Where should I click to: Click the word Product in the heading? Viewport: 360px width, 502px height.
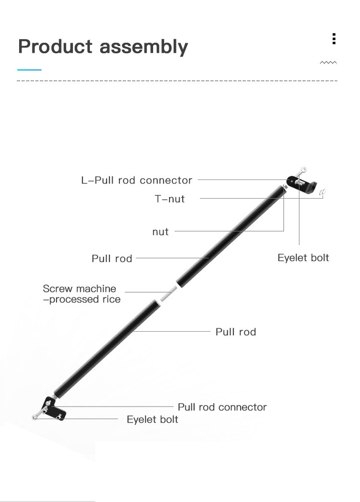click(55, 47)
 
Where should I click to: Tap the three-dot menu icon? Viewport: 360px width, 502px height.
click(334, 39)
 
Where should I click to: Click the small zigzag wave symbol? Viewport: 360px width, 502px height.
click(328, 62)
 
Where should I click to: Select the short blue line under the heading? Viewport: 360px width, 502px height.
click(29, 70)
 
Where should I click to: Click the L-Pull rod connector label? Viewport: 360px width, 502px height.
click(137, 180)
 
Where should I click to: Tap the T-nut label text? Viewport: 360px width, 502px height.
click(169, 199)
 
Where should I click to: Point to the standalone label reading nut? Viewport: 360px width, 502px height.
click(160, 232)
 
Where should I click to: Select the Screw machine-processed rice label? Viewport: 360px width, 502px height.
click(81, 294)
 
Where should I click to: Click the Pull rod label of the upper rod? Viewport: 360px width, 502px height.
click(112, 259)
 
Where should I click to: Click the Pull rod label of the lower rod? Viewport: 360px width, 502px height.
click(236, 332)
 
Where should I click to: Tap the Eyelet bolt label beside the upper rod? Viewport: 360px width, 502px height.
click(303, 258)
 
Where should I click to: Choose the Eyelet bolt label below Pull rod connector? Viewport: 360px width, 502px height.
click(152, 419)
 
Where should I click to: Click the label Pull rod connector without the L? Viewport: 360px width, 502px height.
click(222, 407)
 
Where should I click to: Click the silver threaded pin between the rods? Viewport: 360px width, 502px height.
click(168, 294)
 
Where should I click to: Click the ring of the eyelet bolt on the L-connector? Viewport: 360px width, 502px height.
click(303, 169)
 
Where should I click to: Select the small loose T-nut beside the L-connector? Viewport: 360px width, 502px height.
click(323, 193)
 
